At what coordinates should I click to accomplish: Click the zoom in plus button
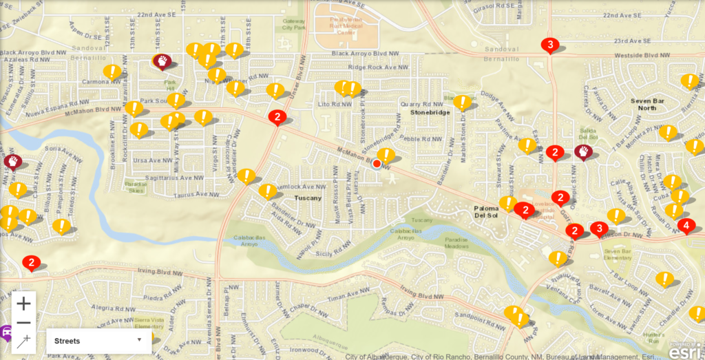click(24, 303)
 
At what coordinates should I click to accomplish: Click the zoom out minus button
click(24, 322)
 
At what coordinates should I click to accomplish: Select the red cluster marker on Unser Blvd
click(277, 117)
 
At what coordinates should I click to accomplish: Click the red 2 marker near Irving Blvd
click(31, 262)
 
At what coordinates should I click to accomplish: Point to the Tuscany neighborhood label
click(308, 198)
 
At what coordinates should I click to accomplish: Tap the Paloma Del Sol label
click(490, 211)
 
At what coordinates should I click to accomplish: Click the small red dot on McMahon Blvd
click(377, 164)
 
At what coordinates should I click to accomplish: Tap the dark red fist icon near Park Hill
click(162, 61)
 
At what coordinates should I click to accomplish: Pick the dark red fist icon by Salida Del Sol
click(583, 151)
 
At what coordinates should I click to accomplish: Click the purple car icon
click(6, 332)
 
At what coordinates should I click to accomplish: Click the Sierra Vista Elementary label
click(149, 323)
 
